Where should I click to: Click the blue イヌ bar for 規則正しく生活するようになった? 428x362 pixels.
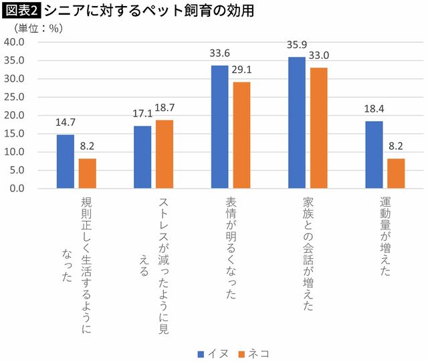66,161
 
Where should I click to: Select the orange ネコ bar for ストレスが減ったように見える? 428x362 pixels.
165,154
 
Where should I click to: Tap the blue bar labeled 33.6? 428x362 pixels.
220,126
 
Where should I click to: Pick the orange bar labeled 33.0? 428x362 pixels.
318,128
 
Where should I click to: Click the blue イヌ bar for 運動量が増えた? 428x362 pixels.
374,155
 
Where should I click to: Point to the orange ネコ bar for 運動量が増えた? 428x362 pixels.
396,173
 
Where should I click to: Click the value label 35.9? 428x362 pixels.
297,48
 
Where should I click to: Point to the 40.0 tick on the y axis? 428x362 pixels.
14,42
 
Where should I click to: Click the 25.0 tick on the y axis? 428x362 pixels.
14,97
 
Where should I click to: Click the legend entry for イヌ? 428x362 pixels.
215,353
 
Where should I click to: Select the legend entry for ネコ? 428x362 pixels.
256,353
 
